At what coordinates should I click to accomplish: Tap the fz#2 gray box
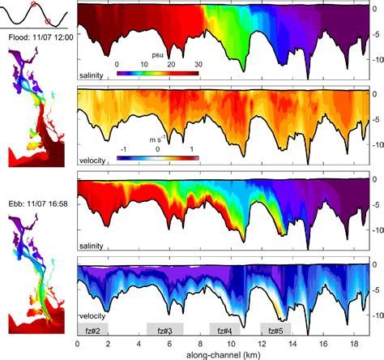(92, 329)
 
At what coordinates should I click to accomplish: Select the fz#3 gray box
(164, 329)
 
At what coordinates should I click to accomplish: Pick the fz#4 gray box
(224, 329)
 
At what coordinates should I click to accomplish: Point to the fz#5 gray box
(275, 329)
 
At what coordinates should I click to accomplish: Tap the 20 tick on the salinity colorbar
(171, 63)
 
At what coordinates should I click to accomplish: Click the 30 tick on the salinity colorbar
(198, 63)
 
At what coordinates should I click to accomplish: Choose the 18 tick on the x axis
(354, 343)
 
